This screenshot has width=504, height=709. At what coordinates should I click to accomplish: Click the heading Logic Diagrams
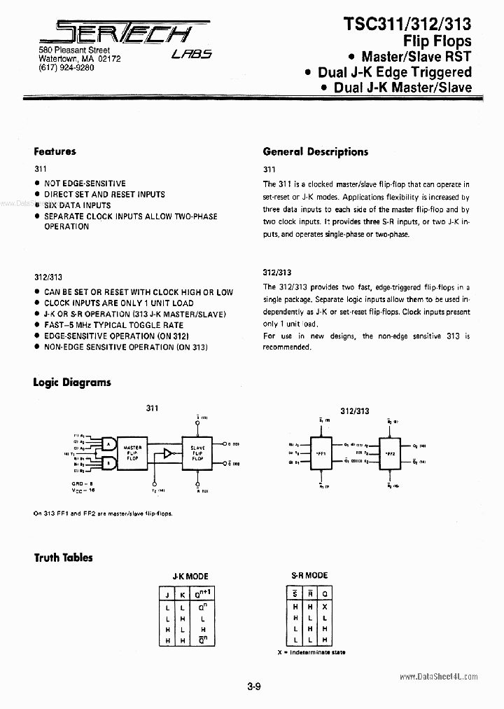[72, 383]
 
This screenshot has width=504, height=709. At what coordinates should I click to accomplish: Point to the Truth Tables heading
[63, 558]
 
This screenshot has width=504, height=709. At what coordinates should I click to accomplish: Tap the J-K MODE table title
[190, 576]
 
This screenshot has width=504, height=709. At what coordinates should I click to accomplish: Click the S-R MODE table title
[309, 575]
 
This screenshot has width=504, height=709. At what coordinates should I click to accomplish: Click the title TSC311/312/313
[407, 25]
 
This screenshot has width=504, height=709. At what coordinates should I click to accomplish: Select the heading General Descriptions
[315, 151]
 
